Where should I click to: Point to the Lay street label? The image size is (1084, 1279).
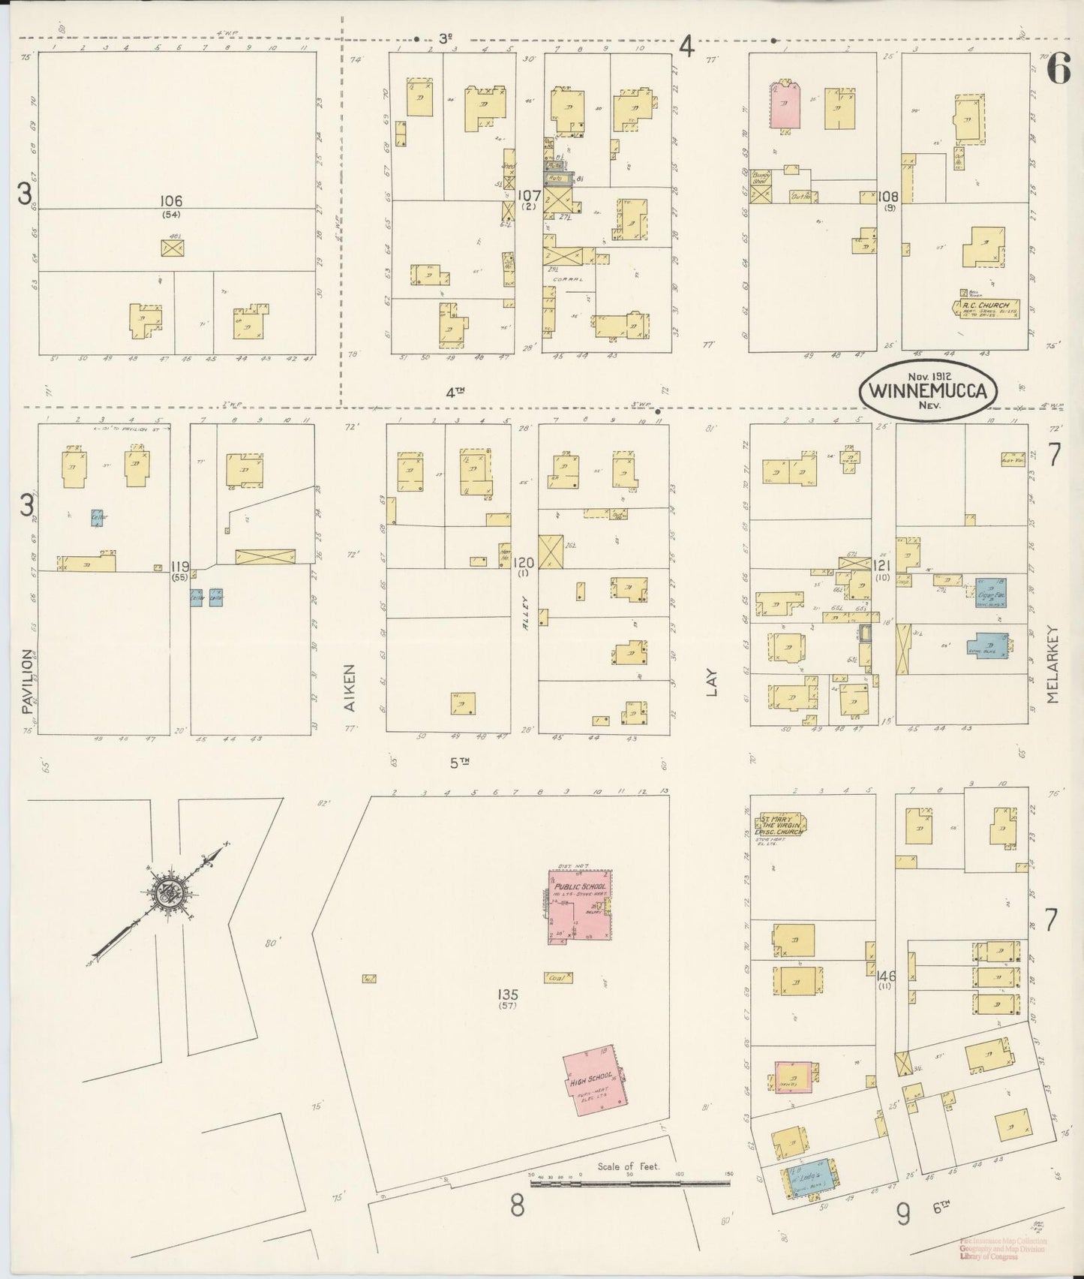[x=711, y=682]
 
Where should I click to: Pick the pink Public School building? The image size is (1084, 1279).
[x=580, y=906]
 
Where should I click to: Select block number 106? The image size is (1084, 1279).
[x=171, y=201]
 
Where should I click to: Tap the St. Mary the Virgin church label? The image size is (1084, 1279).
[x=781, y=823]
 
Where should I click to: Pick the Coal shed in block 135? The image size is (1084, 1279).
[x=557, y=977]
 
